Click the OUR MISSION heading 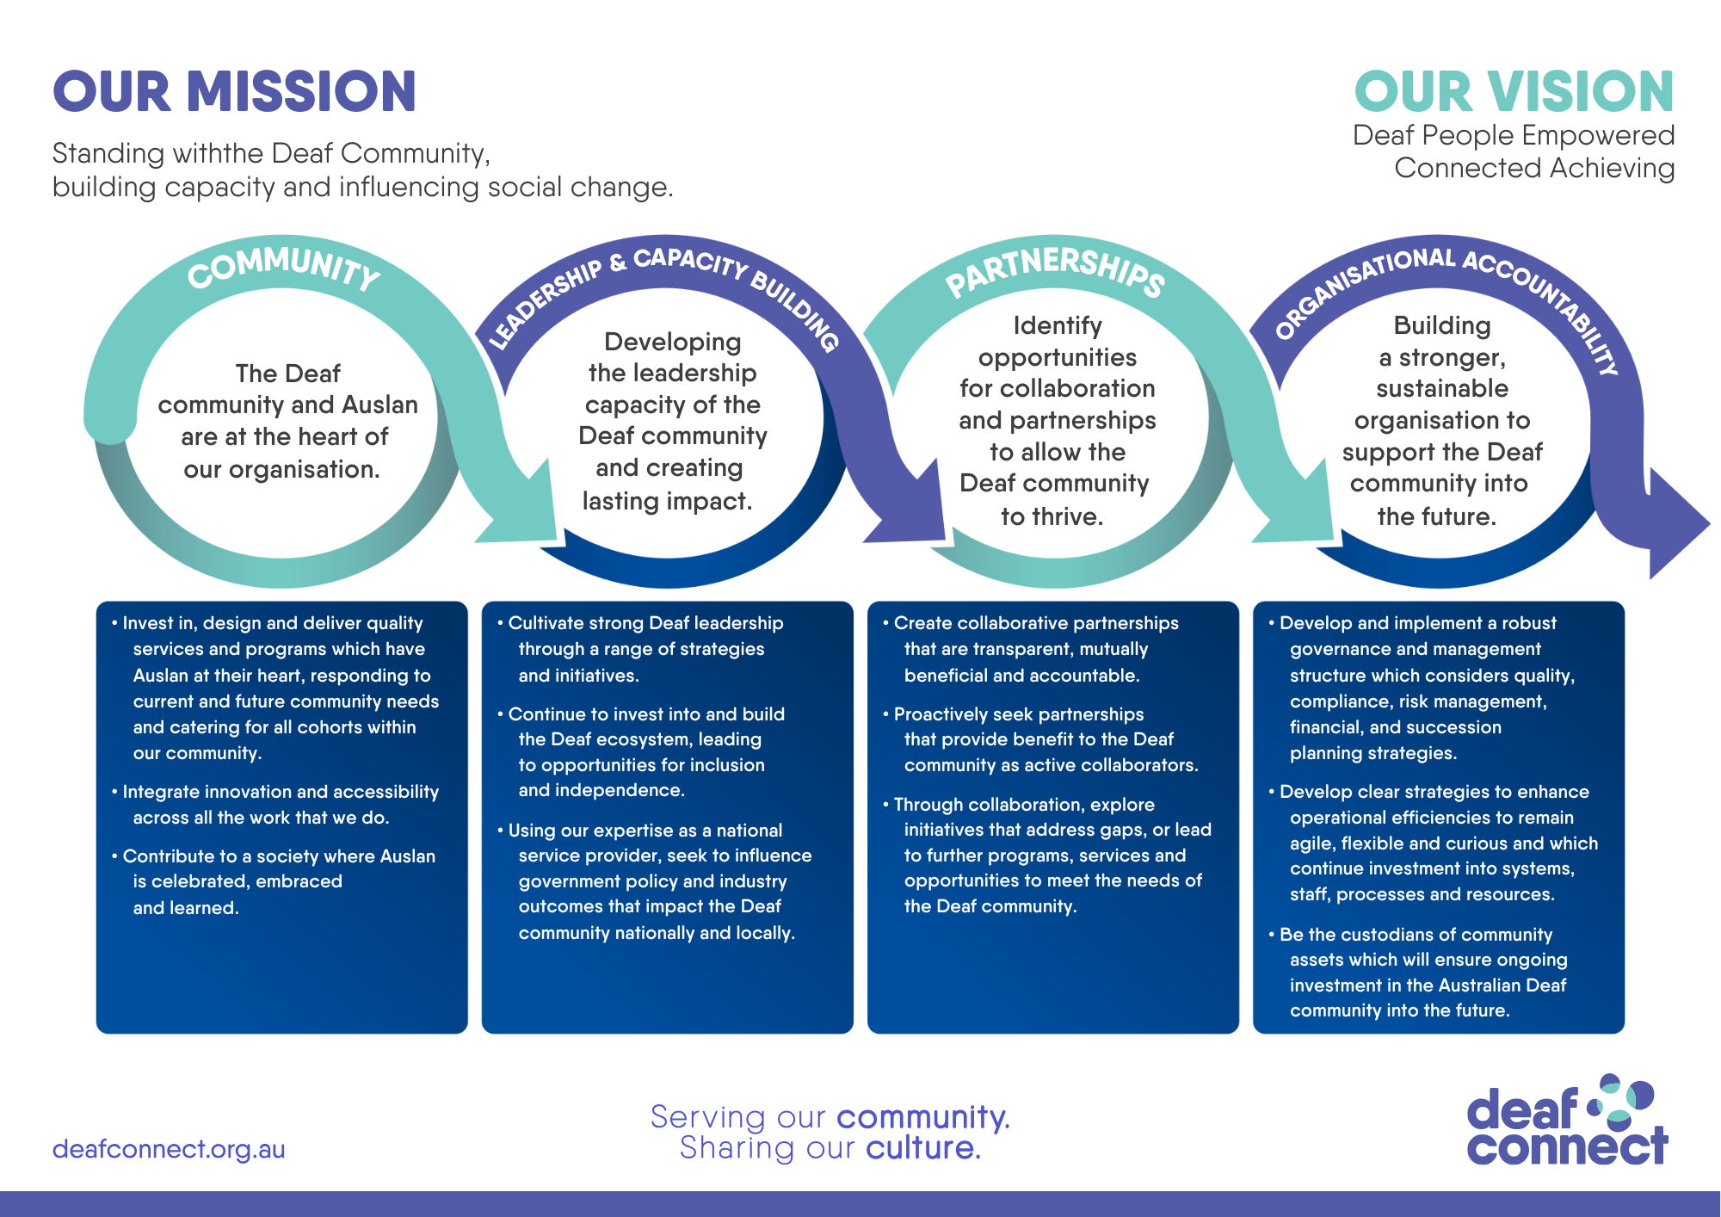point(234,92)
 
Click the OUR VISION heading point(1514,92)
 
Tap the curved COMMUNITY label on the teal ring point(284,267)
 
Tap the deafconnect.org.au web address point(169,1149)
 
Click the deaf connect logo point(1566,1121)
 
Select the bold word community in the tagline point(922,1117)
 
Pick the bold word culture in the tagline point(922,1148)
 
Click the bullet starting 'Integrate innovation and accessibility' point(281,804)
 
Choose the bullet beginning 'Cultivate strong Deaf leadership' point(645,648)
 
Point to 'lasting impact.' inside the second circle point(667,501)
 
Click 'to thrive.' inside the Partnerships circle point(1052,516)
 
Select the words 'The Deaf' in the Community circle point(287,374)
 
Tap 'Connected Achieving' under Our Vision point(1534,168)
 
